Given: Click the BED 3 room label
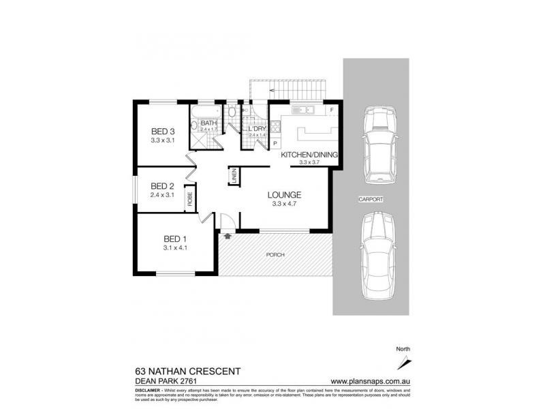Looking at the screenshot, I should pyautogui.click(x=163, y=132).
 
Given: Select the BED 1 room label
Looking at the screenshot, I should pyautogui.click(x=175, y=239).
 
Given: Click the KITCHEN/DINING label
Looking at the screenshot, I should pyautogui.click(x=310, y=154).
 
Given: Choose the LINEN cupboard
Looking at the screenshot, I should pyautogui.click(x=232, y=176).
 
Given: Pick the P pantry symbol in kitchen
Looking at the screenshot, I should pyautogui.click(x=275, y=144).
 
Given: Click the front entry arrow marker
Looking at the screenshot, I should pyautogui.click(x=227, y=236).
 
